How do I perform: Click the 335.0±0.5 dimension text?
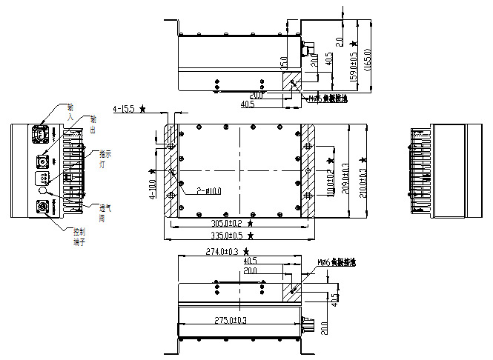225,236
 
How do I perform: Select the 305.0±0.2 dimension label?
225,223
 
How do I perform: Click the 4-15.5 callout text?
123,109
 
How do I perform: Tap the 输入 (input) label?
70,112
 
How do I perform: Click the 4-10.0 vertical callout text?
153,189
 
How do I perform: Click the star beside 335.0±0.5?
251,236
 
